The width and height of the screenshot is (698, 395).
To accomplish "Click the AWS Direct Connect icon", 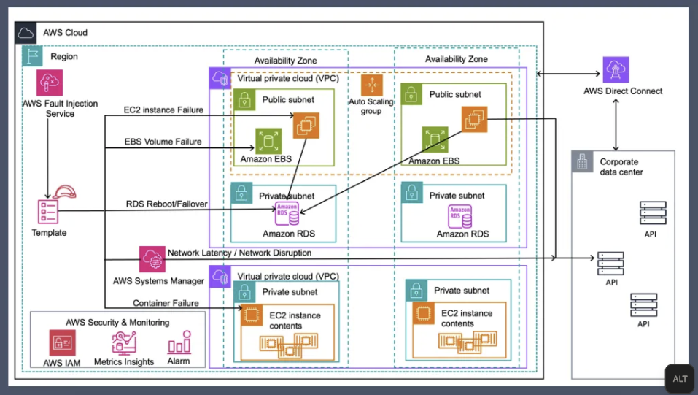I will coord(616,70).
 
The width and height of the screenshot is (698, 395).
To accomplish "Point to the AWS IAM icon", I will coord(63,342).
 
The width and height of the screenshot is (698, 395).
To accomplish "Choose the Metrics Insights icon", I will coord(124,342).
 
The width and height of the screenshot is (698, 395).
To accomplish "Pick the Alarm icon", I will coord(179,342).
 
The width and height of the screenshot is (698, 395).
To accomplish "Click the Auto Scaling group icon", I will coord(371,85).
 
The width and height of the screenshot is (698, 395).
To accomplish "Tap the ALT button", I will coord(679,379).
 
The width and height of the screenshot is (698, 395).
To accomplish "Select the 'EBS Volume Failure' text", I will coord(163,142).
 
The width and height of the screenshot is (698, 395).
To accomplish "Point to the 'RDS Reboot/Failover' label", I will coord(166,204).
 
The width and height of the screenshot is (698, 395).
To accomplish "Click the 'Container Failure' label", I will coord(166,303).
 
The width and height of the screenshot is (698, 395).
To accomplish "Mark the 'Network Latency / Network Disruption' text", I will coord(239,253).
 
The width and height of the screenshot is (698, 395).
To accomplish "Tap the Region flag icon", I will coord(31,55).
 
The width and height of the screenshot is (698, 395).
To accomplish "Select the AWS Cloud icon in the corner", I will coord(26,32).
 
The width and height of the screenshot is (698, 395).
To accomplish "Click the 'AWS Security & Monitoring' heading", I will coord(117,322).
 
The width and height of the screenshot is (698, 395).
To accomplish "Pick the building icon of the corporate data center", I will coord(582,162).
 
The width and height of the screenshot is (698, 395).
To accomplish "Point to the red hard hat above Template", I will coord(64,192).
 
